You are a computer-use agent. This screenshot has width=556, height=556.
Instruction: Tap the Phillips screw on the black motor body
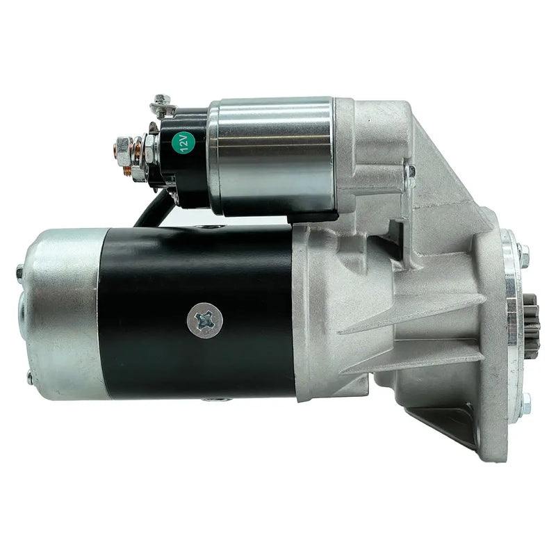tap(204, 320)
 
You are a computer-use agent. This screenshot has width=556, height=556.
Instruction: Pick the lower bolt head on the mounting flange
tap(525, 402)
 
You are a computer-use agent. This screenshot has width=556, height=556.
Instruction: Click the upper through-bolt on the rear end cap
tap(20, 270)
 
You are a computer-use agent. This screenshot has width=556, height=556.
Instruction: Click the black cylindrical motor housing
tap(202, 278)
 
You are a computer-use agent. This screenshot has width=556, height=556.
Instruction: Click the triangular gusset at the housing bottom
tap(445, 417)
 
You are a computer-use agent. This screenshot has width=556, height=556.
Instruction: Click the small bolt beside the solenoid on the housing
tap(411, 170)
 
